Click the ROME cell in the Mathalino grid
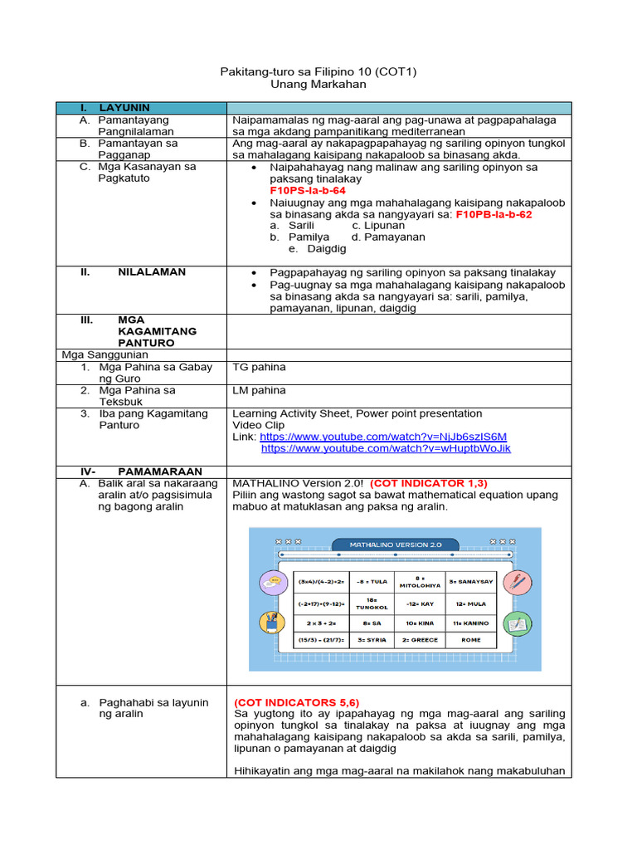(x=471, y=640)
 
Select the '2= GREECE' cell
(x=421, y=640)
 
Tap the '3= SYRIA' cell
(x=372, y=640)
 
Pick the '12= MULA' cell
(x=471, y=604)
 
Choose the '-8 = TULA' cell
(x=372, y=582)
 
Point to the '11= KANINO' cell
(x=471, y=623)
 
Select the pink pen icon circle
(x=518, y=583)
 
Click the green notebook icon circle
(x=518, y=623)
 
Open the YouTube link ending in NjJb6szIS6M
(x=383, y=437)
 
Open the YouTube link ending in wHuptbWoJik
(x=386, y=448)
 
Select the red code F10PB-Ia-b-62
(x=494, y=213)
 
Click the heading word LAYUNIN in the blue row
(x=124, y=108)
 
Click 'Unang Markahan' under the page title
(x=318, y=85)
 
